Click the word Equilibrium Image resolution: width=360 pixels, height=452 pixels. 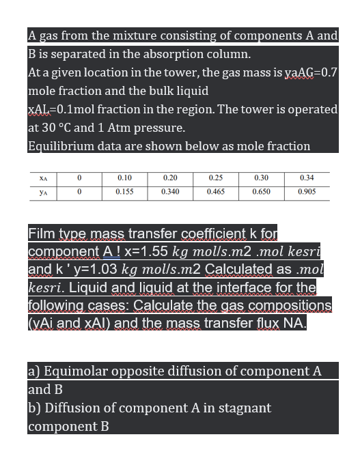click(59, 146)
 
